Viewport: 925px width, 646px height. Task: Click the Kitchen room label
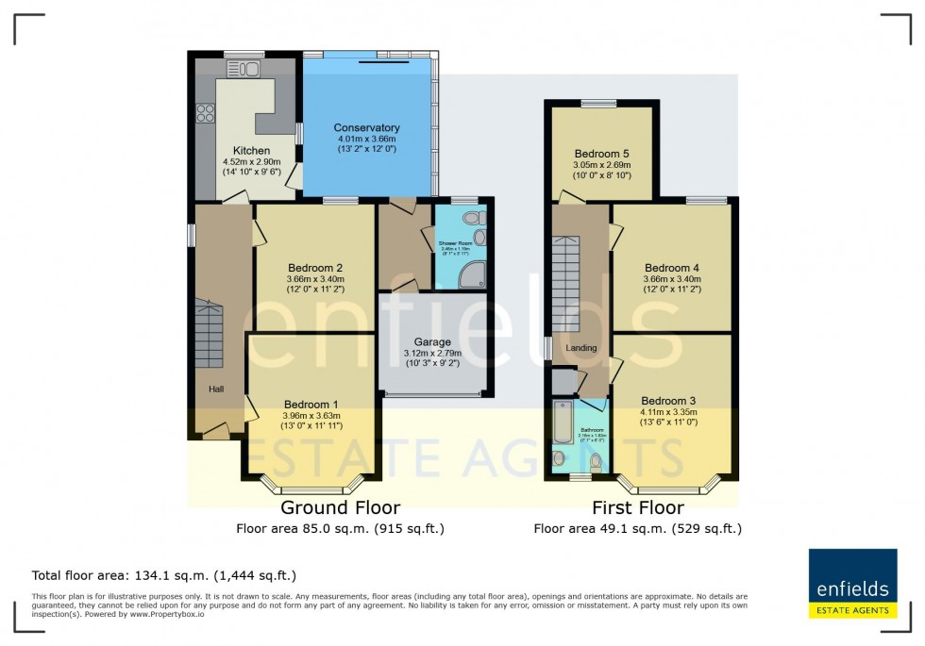251,151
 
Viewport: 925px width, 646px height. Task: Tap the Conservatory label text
366,127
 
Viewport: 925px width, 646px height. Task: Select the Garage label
432,342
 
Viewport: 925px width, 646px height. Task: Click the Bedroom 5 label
602,153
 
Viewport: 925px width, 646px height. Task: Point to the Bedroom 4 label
671,267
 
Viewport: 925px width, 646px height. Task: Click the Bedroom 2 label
314,267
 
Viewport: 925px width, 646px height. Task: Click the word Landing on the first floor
581,348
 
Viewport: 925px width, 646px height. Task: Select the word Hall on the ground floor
216,388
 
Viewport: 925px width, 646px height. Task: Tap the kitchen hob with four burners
205,113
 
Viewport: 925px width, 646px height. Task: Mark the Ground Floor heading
340,508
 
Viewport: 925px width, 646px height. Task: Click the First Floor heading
637,508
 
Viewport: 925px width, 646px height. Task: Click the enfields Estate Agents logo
853,584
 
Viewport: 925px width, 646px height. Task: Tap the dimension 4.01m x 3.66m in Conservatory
366,140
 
